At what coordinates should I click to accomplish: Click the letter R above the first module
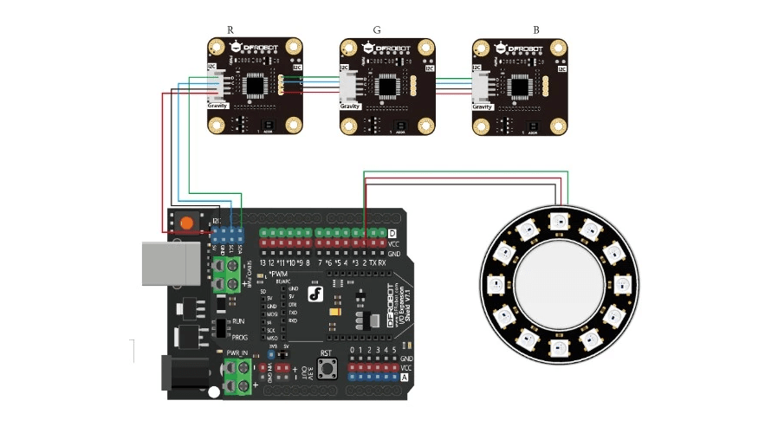click(230, 29)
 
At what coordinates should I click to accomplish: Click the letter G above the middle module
click(377, 29)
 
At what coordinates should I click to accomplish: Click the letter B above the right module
click(536, 29)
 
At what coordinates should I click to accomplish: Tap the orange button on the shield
click(186, 223)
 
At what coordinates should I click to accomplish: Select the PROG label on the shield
click(241, 337)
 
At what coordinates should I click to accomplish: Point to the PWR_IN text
click(237, 353)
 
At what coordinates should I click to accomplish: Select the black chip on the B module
click(521, 85)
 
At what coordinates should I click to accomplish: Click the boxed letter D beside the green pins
click(392, 234)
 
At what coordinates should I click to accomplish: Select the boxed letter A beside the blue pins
click(404, 378)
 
